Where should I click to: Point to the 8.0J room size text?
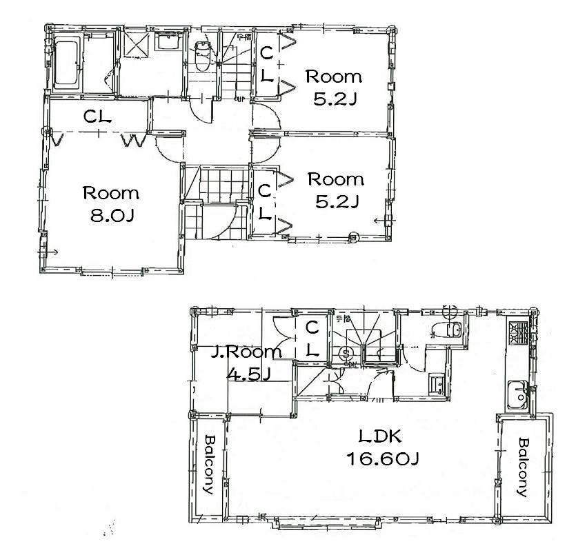pos(111,216)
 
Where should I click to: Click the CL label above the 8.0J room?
pos(98,117)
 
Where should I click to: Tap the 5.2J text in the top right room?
pos(334,99)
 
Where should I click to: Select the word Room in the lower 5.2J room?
pos(335,180)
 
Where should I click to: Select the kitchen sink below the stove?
pos(517,394)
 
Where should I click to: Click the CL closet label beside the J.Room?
pos(311,338)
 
